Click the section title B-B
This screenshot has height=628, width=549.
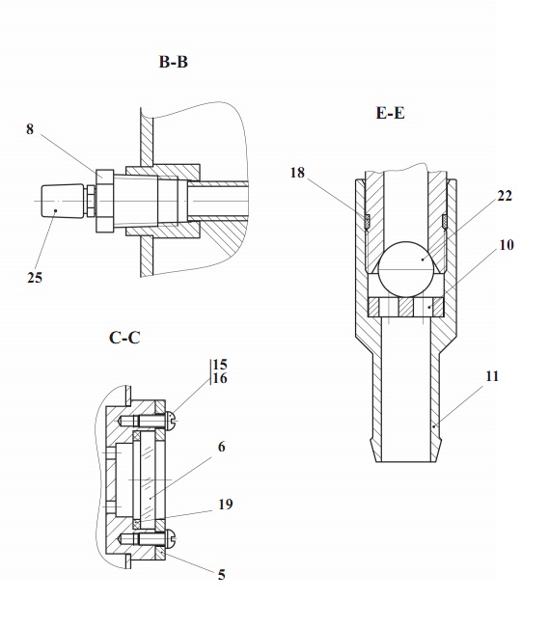(x=174, y=62)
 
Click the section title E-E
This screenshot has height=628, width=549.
(x=391, y=113)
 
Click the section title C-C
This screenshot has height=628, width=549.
(x=124, y=338)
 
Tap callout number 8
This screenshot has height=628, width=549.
(x=30, y=129)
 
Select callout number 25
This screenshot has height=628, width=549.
(x=35, y=277)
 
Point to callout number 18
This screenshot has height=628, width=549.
(x=297, y=173)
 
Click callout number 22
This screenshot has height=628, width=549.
(x=505, y=196)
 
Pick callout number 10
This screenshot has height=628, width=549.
(x=507, y=245)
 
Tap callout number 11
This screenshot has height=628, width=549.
(x=492, y=376)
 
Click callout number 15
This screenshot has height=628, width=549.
(x=220, y=365)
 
